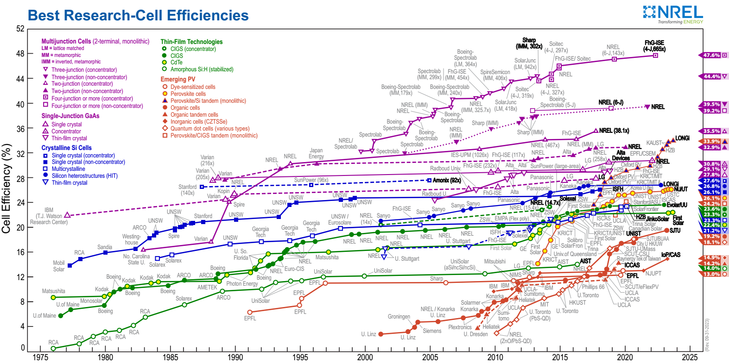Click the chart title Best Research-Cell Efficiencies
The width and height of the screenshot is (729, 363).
click(138, 15)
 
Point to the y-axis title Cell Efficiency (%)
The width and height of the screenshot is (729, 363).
click(6, 188)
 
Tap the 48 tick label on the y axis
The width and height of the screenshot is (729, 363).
click(20, 54)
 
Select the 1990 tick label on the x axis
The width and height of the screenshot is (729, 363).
click(235, 357)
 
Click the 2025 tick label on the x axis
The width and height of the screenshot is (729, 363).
click(690, 357)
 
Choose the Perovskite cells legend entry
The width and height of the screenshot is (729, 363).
click(188, 94)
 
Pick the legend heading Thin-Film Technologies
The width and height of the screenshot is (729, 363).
click(191, 42)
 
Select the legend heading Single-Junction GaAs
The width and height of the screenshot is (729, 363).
click(70, 116)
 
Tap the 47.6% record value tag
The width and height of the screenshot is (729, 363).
click(711, 55)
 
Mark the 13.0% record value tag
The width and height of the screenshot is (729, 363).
click(711, 274)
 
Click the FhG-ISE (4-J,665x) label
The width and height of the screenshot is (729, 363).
click(654, 46)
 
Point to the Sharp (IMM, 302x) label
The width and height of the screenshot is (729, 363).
click(529, 43)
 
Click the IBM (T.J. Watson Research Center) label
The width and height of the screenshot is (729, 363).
click(49, 216)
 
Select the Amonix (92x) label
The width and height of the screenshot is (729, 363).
click(447, 180)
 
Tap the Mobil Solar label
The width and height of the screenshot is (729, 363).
click(59, 266)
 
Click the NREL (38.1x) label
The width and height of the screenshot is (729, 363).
click(614, 131)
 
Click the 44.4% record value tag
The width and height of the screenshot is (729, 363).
click(711, 76)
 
